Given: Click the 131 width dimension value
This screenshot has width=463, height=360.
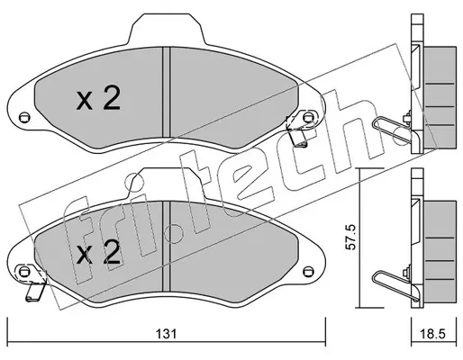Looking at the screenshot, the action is [165, 334].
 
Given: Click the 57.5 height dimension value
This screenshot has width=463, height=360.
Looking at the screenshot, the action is [350, 237].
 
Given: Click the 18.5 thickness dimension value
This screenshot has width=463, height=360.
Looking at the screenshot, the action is [433, 334].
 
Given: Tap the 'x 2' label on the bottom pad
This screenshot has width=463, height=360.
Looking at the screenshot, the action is [98, 253].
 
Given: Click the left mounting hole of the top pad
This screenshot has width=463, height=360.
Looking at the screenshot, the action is [24, 116].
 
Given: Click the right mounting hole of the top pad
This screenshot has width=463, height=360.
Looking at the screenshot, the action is [307, 116].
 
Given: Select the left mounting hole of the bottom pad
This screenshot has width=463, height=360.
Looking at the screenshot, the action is [23, 272].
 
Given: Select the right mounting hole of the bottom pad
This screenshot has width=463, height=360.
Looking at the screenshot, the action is [307, 271].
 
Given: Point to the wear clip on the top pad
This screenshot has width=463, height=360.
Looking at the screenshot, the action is [298, 130].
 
